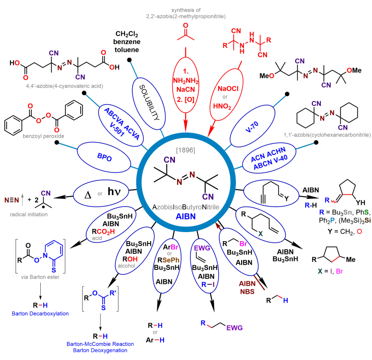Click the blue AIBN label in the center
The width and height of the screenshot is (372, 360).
point(187,218)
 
